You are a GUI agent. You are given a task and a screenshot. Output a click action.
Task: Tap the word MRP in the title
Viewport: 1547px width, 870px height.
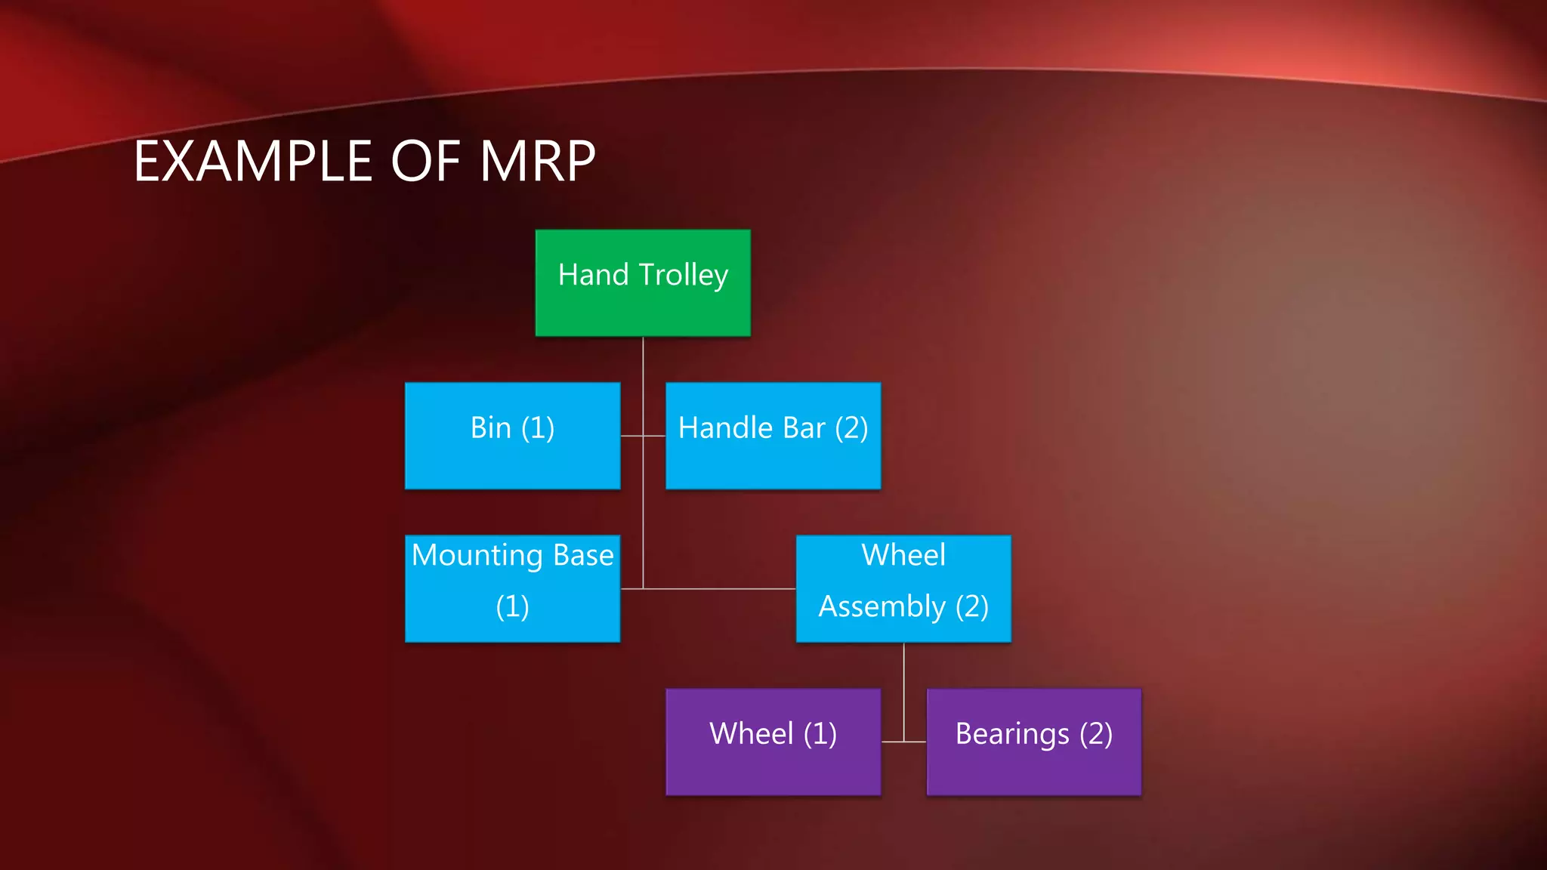[x=538, y=162]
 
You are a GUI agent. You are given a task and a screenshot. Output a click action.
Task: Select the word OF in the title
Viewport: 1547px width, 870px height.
[x=427, y=162]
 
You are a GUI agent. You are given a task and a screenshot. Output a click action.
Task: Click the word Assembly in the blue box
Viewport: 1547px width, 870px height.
[x=882, y=606]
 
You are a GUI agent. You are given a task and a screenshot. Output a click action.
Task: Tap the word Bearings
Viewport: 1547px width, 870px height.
[x=1012, y=734]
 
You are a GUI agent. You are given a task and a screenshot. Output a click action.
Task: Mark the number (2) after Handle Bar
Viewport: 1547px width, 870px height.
[x=851, y=428]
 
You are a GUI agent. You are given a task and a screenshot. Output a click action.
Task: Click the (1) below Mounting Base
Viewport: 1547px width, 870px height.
[x=512, y=606]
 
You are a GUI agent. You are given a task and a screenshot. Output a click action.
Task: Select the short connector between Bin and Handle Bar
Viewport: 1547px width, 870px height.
[x=642, y=436]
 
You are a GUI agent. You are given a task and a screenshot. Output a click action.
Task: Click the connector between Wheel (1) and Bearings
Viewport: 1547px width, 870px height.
[x=903, y=742]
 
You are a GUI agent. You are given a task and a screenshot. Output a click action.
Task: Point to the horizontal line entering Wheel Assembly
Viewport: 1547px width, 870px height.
[x=718, y=588]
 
